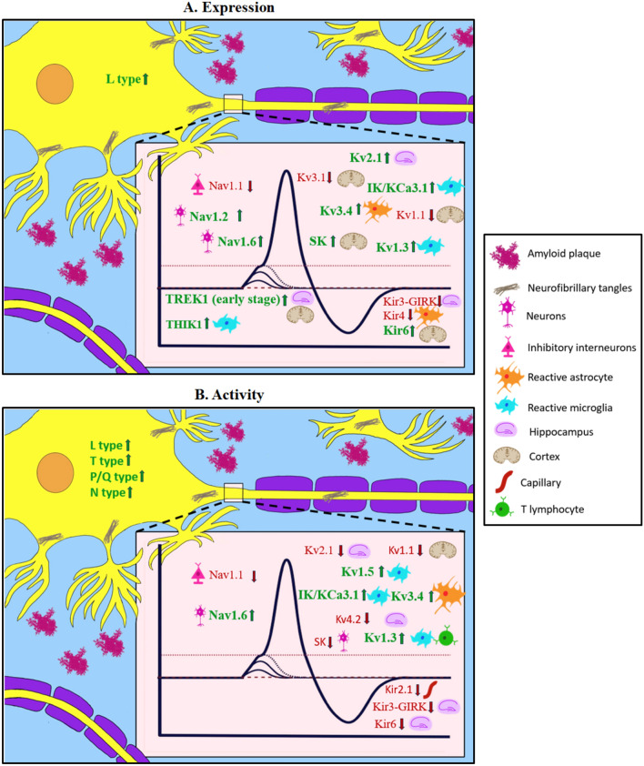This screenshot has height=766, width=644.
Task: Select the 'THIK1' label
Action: pyautogui.click(x=185, y=322)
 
